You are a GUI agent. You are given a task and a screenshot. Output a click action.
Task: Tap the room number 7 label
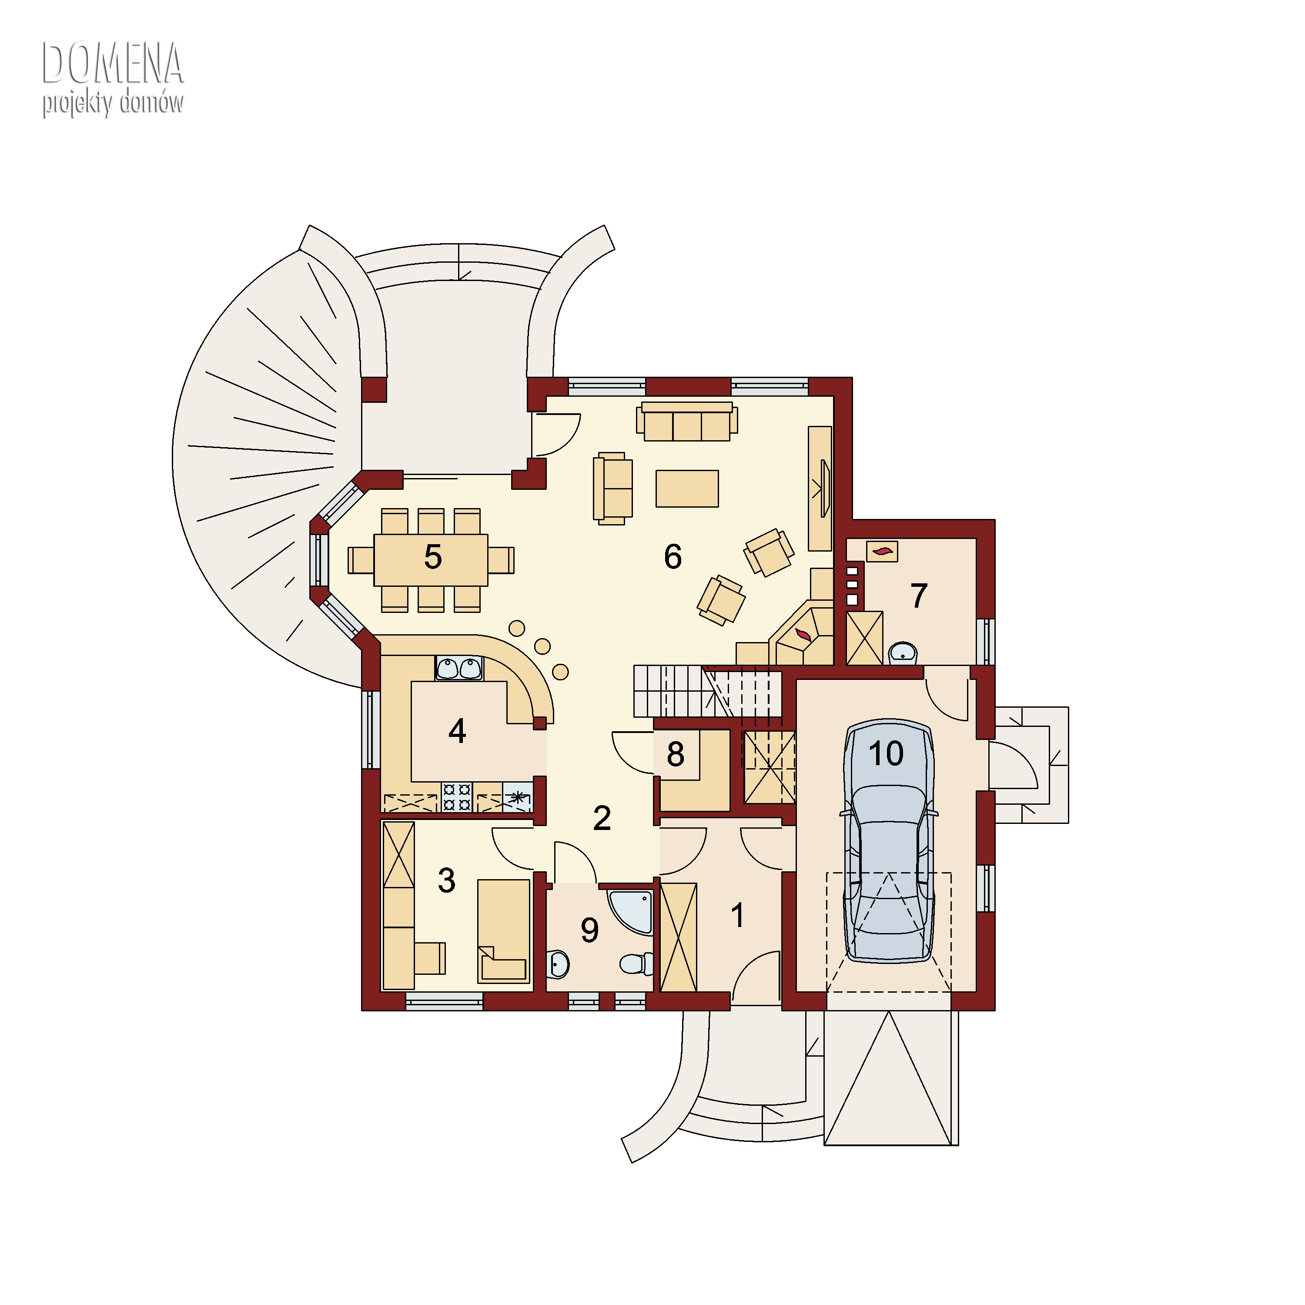919,596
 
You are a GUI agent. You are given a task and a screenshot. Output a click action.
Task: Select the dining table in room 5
431,560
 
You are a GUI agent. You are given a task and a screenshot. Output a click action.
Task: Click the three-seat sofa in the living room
687,422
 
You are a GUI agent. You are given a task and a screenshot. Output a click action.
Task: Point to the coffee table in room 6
687,489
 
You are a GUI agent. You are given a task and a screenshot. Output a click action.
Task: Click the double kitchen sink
459,668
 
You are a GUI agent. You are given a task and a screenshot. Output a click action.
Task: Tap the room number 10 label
886,754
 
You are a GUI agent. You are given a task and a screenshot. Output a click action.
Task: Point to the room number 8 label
676,754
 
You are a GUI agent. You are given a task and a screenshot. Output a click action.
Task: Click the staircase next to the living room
707,691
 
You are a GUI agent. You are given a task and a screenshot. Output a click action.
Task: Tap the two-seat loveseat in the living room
612,489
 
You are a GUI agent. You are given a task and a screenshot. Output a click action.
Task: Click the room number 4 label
457,731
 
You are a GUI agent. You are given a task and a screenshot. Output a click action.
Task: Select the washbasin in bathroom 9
558,964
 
